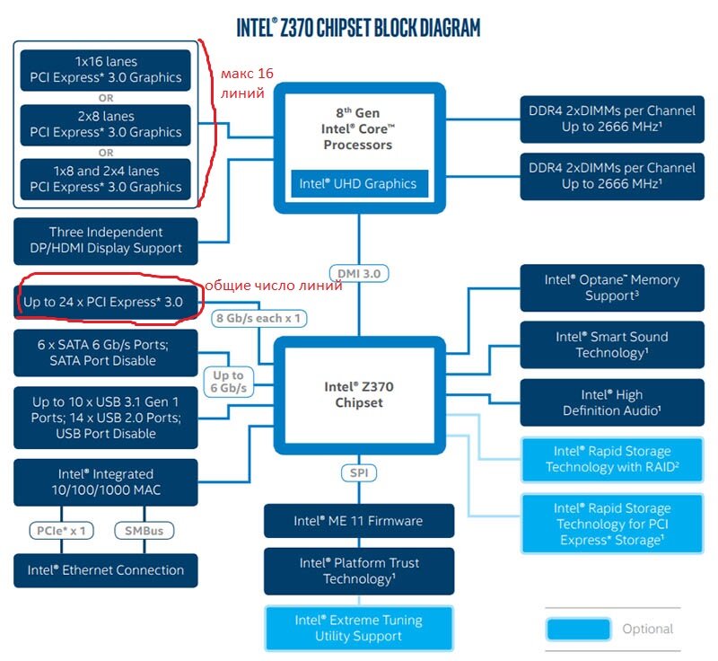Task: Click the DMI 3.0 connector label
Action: (359, 273)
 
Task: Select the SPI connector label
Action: (359, 472)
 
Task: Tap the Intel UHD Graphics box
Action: (358, 184)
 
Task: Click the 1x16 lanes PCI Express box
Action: (106, 69)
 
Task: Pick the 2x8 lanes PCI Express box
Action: (106, 124)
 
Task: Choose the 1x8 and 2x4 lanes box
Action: (106, 179)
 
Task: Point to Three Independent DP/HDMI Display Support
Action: (106, 240)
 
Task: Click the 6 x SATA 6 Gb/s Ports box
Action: (106, 352)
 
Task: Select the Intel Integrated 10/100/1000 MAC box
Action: (106, 481)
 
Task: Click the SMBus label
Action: (144, 531)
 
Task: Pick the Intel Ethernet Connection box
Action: (106, 570)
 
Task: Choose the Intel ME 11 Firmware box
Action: (358, 521)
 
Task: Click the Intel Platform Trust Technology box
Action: (358, 571)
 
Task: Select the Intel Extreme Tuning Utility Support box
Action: (358, 628)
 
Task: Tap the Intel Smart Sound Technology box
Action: (611, 345)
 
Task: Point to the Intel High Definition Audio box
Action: (611, 402)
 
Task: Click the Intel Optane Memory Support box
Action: (611, 287)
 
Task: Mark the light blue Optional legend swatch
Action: (578, 629)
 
